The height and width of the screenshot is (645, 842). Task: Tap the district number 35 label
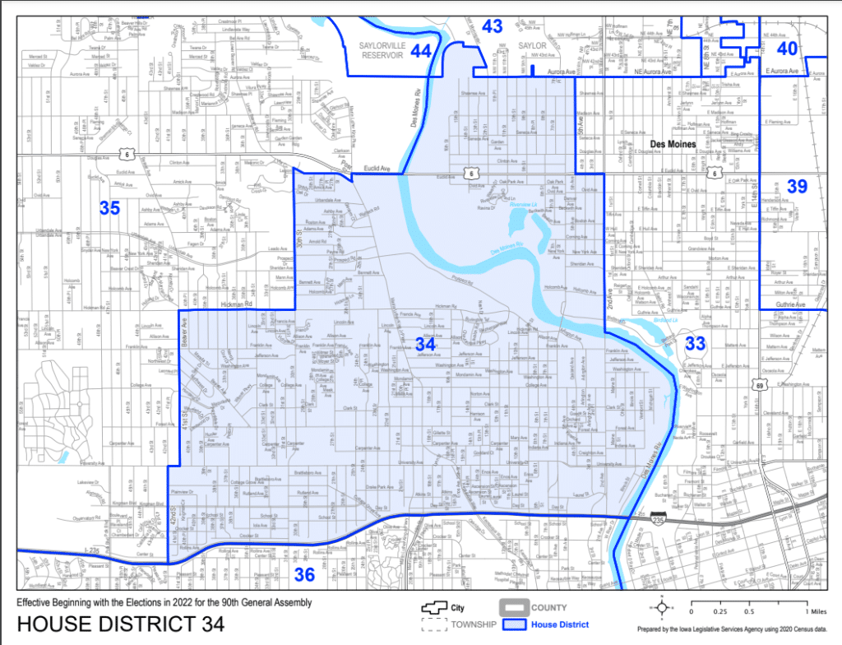point(109,207)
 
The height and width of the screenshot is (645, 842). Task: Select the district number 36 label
point(304,574)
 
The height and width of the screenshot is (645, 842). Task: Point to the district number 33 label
point(695,343)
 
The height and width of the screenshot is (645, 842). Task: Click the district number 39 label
point(797,187)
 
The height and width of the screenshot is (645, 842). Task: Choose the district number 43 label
point(492,26)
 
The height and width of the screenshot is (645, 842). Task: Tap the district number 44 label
point(420,51)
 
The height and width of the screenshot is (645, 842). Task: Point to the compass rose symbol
point(659,609)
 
